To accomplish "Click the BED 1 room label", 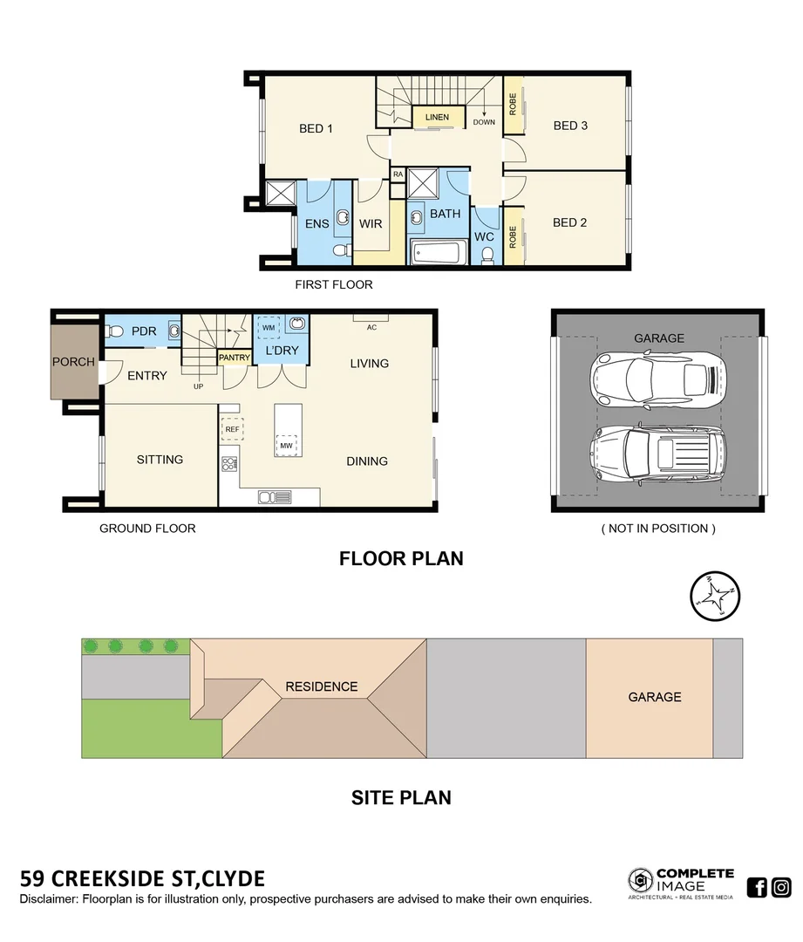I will click(x=316, y=129).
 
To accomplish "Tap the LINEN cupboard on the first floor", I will click(x=437, y=117).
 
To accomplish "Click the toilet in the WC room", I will click(x=488, y=255).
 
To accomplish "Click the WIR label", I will click(x=371, y=224).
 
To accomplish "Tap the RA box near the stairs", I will click(x=398, y=174).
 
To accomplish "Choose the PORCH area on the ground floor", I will click(x=73, y=361).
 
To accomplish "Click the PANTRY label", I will click(x=234, y=358).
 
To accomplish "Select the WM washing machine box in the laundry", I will click(x=268, y=327).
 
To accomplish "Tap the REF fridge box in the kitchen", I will click(x=232, y=429).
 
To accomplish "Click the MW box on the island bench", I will click(x=286, y=446).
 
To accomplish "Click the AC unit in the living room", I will click(x=371, y=317).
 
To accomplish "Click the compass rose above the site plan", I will click(x=713, y=596).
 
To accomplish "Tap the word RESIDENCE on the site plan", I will click(x=322, y=686).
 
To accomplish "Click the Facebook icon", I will click(x=757, y=888).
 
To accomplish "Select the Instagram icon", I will click(x=781, y=888).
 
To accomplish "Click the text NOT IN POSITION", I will click(x=658, y=529).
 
